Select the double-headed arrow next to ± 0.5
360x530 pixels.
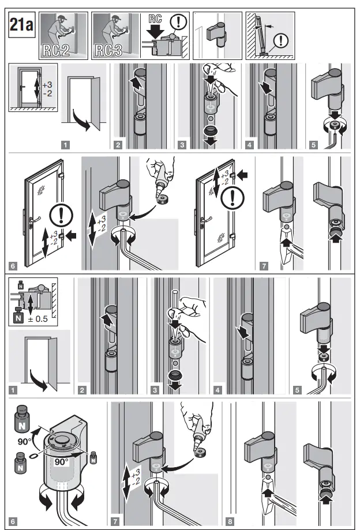pos(30,305)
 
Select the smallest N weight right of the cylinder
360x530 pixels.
pos(92,456)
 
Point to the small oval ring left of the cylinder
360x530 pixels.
pos(33,455)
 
